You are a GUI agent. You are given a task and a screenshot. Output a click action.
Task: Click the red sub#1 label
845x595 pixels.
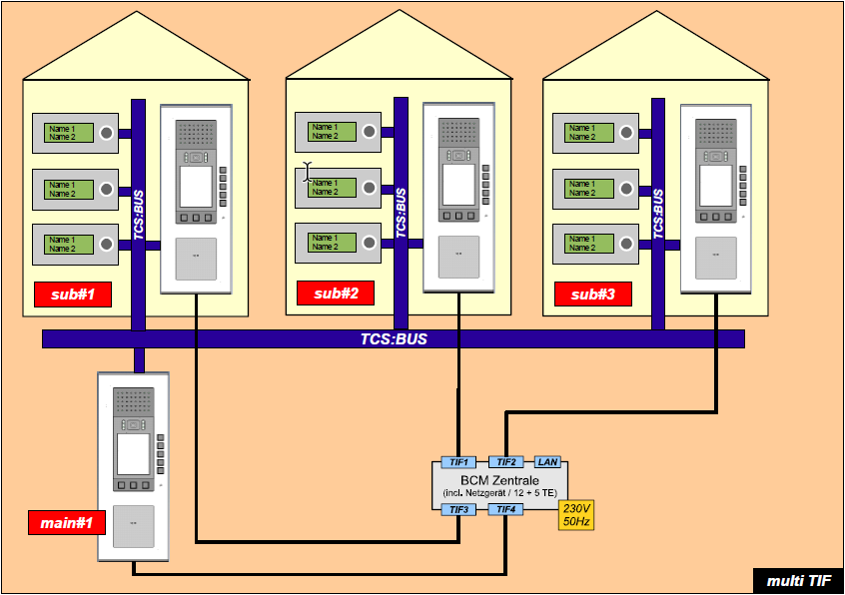point(71,295)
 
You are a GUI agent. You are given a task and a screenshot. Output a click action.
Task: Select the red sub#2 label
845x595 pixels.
point(335,293)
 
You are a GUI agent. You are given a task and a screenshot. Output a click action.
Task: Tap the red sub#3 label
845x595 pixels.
point(592,295)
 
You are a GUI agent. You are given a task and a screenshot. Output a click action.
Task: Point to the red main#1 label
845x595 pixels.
point(67,522)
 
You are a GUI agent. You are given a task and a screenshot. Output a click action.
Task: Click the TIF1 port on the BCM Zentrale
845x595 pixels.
point(458,462)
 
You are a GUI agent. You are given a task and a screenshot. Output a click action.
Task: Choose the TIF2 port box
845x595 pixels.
point(506,462)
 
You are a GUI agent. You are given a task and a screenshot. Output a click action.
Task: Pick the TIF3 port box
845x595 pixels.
point(458,510)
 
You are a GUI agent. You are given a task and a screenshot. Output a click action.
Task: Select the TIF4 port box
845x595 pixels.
point(506,510)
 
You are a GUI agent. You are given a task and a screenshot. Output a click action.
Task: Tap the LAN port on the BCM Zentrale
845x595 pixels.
point(547,462)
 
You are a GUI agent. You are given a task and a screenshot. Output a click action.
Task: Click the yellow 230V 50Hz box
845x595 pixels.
point(576,514)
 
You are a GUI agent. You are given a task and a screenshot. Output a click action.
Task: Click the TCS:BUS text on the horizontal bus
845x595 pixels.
point(394,339)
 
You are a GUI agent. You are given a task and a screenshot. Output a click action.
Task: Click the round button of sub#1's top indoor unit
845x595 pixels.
point(106,132)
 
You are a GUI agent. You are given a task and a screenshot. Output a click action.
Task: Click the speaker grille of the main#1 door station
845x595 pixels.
point(134,402)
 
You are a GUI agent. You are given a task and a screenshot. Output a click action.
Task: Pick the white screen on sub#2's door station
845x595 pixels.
point(457,184)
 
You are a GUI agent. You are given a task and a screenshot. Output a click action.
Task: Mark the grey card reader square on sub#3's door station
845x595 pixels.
point(715,256)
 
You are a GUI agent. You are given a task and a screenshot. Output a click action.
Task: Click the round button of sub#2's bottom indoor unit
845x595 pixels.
point(370,243)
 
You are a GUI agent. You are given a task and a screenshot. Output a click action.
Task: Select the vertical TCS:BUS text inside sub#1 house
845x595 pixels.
point(138,215)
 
